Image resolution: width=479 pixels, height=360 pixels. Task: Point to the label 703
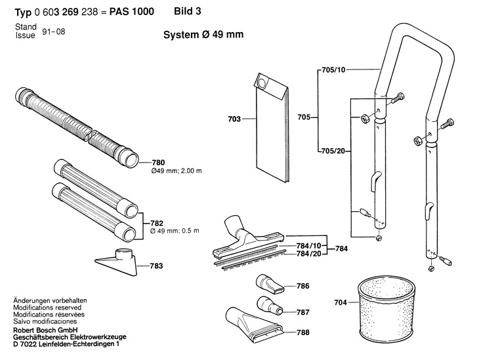pos(233,119)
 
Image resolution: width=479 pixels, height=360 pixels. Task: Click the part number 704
pos(340,303)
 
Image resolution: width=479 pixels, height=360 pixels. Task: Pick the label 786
pos(302,286)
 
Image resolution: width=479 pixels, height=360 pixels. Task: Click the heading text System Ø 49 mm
pos(203,35)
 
